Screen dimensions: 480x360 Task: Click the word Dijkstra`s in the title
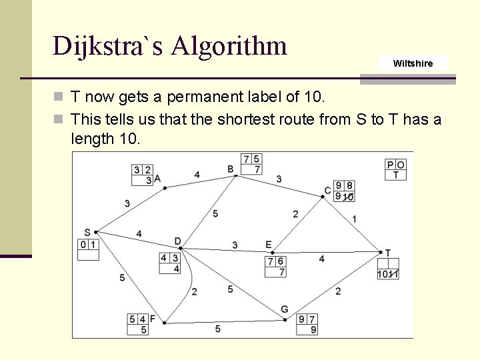[107, 46]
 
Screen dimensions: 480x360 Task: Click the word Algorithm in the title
[229, 46]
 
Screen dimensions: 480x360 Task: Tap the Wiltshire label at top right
[413, 63]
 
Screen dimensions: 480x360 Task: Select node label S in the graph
[87, 232]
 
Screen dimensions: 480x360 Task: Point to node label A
[157, 179]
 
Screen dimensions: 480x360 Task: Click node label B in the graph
[231, 169]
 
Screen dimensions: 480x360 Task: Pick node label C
[327, 191]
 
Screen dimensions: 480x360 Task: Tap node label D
[177, 241]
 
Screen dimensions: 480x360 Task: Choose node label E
[268, 245]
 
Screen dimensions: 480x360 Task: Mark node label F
[153, 319]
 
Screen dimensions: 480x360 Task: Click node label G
[285, 309]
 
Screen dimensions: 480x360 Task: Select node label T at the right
[387, 253]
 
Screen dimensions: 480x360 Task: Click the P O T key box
[395, 169]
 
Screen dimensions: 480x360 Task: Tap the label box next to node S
[88, 249]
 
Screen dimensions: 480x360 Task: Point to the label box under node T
[388, 268]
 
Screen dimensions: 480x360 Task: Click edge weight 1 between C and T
[354, 219]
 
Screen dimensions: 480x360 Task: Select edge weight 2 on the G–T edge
[338, 291]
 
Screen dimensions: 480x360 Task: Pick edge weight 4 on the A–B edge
[197, 175]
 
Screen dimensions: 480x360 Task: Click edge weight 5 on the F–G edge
[217, 329]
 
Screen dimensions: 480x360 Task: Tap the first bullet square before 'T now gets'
[59, 97]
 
